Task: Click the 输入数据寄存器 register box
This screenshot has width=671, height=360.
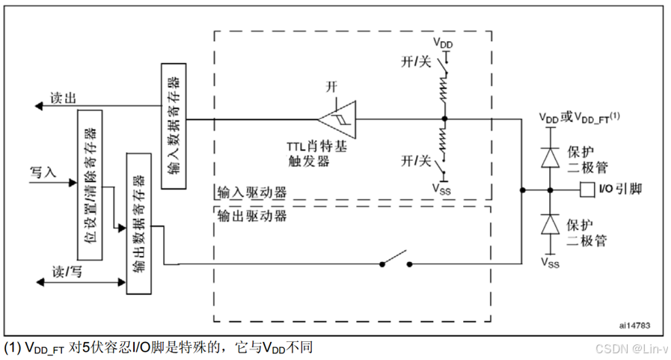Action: click(173, 126)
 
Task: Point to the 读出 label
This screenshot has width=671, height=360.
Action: click(63, 99)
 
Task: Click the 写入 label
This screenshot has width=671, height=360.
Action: click(43, 172)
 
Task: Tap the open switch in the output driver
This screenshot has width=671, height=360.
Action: click(396, 261)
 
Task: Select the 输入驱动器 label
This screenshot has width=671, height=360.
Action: click(251, 192)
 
